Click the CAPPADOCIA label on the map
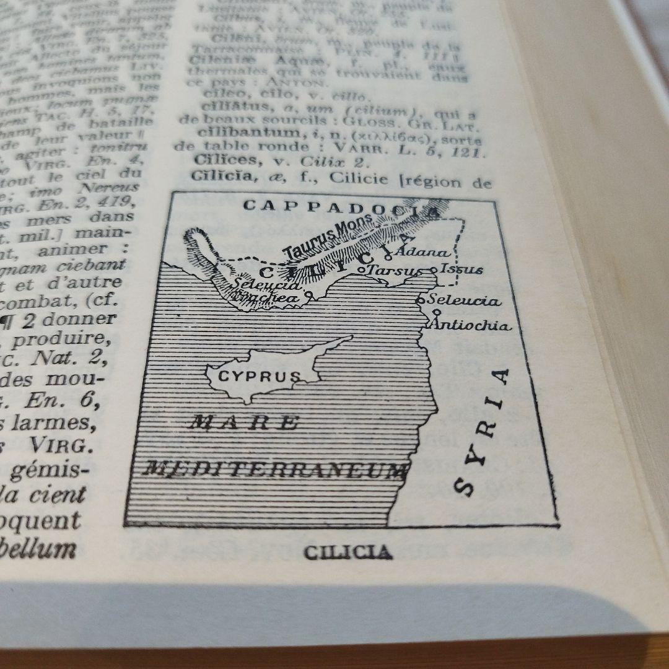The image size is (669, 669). (340, 208)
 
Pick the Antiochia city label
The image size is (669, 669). (473, 325)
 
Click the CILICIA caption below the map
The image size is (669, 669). (348, 552)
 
